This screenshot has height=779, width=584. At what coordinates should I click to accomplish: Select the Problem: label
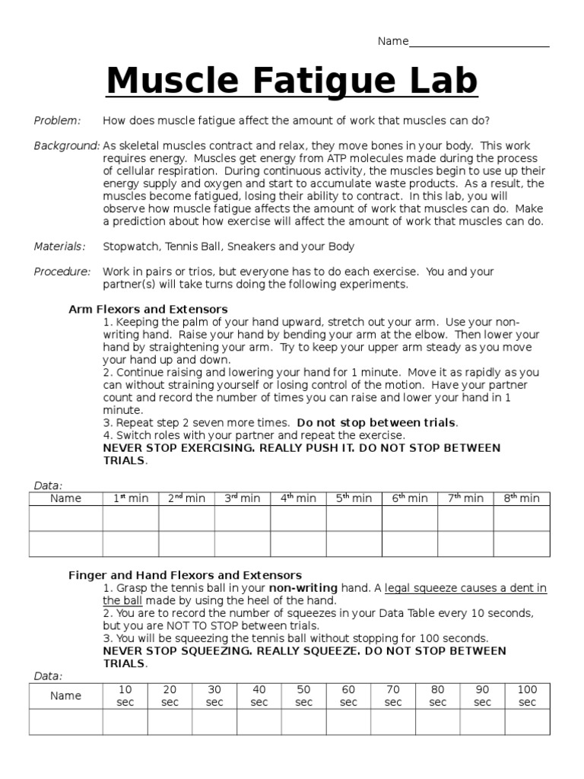point(57,120)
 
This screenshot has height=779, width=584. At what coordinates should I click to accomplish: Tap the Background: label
point(67,145)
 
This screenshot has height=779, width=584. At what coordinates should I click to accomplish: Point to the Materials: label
point(59,246)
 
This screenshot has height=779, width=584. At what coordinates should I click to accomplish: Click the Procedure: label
point(62,272)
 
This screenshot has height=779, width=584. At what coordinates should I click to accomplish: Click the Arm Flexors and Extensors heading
point(148,309)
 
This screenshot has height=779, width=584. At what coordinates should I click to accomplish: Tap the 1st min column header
point(131,498)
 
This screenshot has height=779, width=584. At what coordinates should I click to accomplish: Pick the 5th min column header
point(354,498)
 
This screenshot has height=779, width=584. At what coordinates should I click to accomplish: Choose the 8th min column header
point(522,498)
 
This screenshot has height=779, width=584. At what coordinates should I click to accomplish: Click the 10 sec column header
point(125,696)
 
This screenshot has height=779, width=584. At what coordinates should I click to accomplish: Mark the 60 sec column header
point(348,696)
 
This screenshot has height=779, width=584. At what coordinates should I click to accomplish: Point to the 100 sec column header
point(527,696)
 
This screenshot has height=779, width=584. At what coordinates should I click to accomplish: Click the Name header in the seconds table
point(65,696)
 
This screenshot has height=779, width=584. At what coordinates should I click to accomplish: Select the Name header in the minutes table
point(65,498)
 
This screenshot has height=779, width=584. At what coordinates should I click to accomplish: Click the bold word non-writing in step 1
point(303,588)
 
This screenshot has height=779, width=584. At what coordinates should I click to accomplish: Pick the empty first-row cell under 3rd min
point(243,518)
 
